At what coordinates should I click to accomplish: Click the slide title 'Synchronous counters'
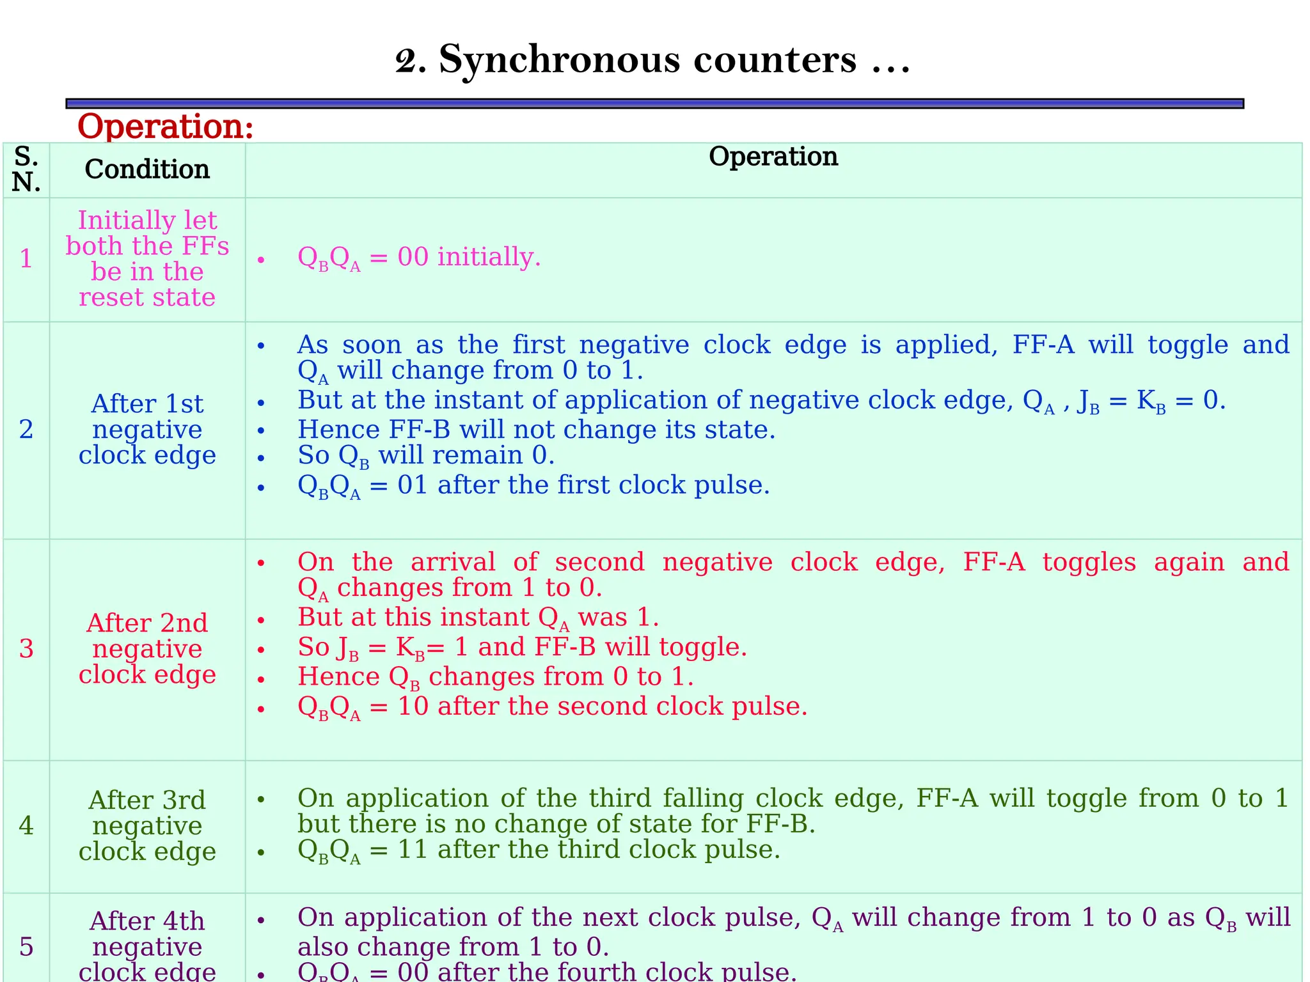pos(652,60)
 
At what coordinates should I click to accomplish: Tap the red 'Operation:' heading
pos(165,126)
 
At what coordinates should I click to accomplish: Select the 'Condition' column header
pos(147,169)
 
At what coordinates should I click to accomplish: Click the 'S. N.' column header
pos(26,169)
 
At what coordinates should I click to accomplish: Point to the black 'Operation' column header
pos(773,157)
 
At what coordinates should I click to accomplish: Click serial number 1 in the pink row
pos(26,259)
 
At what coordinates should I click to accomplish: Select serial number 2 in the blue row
pos(26,430)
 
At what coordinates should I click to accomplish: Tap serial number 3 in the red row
pos(26,649)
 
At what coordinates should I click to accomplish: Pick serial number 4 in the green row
pos(26,826)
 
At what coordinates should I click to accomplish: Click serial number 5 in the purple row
pos(26,947)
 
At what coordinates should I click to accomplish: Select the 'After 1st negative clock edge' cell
pos(147,430)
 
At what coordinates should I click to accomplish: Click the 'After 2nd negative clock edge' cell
pos(147,649)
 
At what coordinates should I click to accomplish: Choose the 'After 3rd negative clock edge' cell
pos(147,826)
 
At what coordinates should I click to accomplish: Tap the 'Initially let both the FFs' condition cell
pos(147,259)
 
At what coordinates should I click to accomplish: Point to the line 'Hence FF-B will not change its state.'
pos(536,430)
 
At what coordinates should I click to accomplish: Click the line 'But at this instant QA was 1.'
pos(478,618)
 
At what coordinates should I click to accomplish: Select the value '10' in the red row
pos(413,706)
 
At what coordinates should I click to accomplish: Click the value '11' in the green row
pos(413,850)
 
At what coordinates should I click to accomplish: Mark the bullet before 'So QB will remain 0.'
pos(261,458)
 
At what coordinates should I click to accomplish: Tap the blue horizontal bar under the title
pos(654,104)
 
